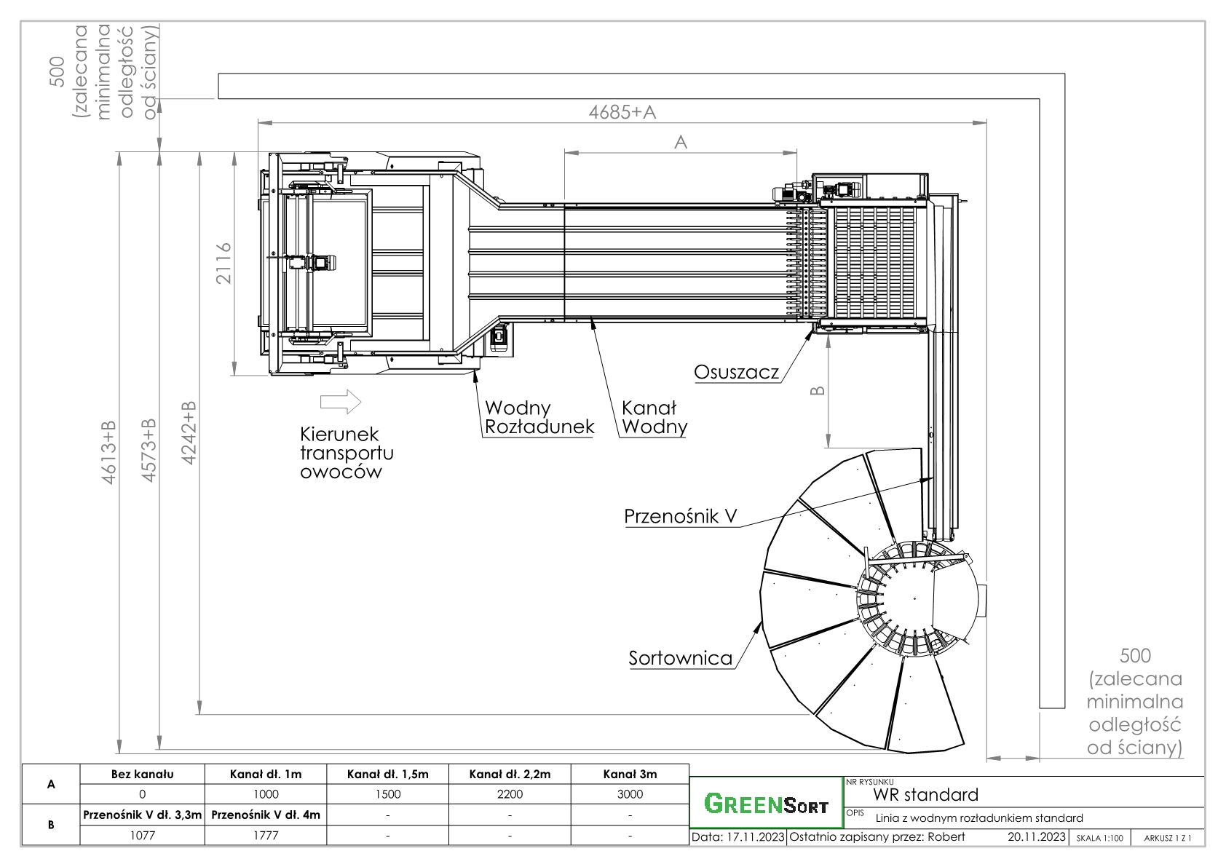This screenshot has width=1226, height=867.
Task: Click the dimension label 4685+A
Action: point(622,112)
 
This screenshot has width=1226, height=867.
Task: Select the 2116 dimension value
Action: point(224,264)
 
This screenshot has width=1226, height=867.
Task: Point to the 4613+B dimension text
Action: point(109,452)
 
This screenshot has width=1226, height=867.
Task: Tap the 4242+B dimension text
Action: point(189,432)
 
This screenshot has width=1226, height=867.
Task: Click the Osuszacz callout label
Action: point(736,373)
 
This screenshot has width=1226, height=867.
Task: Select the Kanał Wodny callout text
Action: point(654,418)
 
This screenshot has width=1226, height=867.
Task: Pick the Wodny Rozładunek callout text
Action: point(539,418)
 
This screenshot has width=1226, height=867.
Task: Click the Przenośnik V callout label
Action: point(681,517)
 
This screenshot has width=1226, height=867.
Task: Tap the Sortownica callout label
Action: point(681,659)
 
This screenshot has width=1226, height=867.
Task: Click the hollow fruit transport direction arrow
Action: point(341,401)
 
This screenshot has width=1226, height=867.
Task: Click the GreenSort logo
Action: point(766,805)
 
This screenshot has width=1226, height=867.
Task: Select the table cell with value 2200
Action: point(510,794)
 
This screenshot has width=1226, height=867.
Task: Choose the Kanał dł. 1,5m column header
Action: point(387,775)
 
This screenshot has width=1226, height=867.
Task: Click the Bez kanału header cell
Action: point(143,775)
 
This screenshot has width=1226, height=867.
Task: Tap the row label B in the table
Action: point(50,826)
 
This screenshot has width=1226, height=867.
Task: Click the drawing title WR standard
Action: point(926,794)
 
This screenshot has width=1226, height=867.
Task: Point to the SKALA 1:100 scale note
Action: point(1099,838)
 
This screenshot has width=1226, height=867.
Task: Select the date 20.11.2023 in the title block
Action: point(1037,837)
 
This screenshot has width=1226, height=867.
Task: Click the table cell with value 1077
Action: point(143,836)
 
